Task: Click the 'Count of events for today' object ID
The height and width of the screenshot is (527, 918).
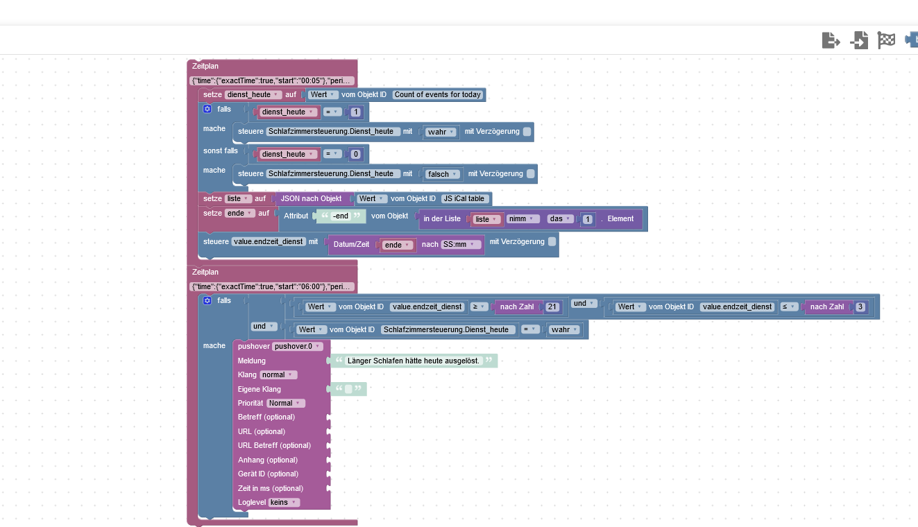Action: coord(438,94)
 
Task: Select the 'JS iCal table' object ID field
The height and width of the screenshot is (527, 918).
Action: coord(464,198)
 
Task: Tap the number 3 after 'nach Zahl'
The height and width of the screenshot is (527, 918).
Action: coord(860,306)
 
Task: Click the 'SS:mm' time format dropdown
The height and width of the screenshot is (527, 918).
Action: coord(461,244)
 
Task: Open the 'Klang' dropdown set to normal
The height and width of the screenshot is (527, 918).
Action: coord(278,374)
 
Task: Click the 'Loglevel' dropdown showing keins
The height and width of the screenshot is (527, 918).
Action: coord(284,502)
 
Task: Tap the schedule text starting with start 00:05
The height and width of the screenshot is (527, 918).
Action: coord(273,80)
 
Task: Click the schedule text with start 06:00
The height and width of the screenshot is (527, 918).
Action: coord(273,286)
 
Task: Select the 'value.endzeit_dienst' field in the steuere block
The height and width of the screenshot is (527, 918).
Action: coord(269,241)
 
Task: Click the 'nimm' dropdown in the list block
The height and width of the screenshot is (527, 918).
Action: coord(523,218)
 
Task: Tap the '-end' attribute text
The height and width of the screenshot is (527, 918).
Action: coord(340,216)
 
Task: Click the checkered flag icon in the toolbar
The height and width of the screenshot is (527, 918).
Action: coord(886,40)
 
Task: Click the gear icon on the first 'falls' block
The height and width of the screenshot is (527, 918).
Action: coord(207,109)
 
